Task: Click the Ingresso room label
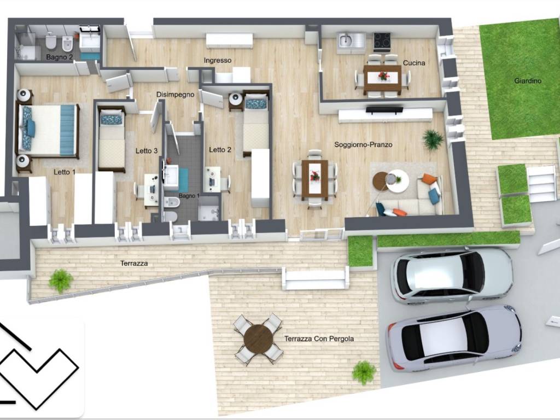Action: tap(218, 60)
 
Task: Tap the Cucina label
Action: tap(414, 63)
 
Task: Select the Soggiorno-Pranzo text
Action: tap(363, 144)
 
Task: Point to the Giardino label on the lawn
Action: tap(528, 81)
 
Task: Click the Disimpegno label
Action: tap(176, 95)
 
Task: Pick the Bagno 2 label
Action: tap(59, 57)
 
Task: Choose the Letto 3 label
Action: tap(147, 151)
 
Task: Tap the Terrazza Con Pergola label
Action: tap(319, 339)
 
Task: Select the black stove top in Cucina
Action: tap(382, 40)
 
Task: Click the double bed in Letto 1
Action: tap(48, 131)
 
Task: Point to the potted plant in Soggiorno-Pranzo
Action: tap(433, 139)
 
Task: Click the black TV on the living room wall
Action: tap(384, 110)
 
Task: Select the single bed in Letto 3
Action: tap(112, 139)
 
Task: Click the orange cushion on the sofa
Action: tap(429, 179)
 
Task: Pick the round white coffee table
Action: tap(397, 181)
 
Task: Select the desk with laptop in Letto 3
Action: tap(151, 189)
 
